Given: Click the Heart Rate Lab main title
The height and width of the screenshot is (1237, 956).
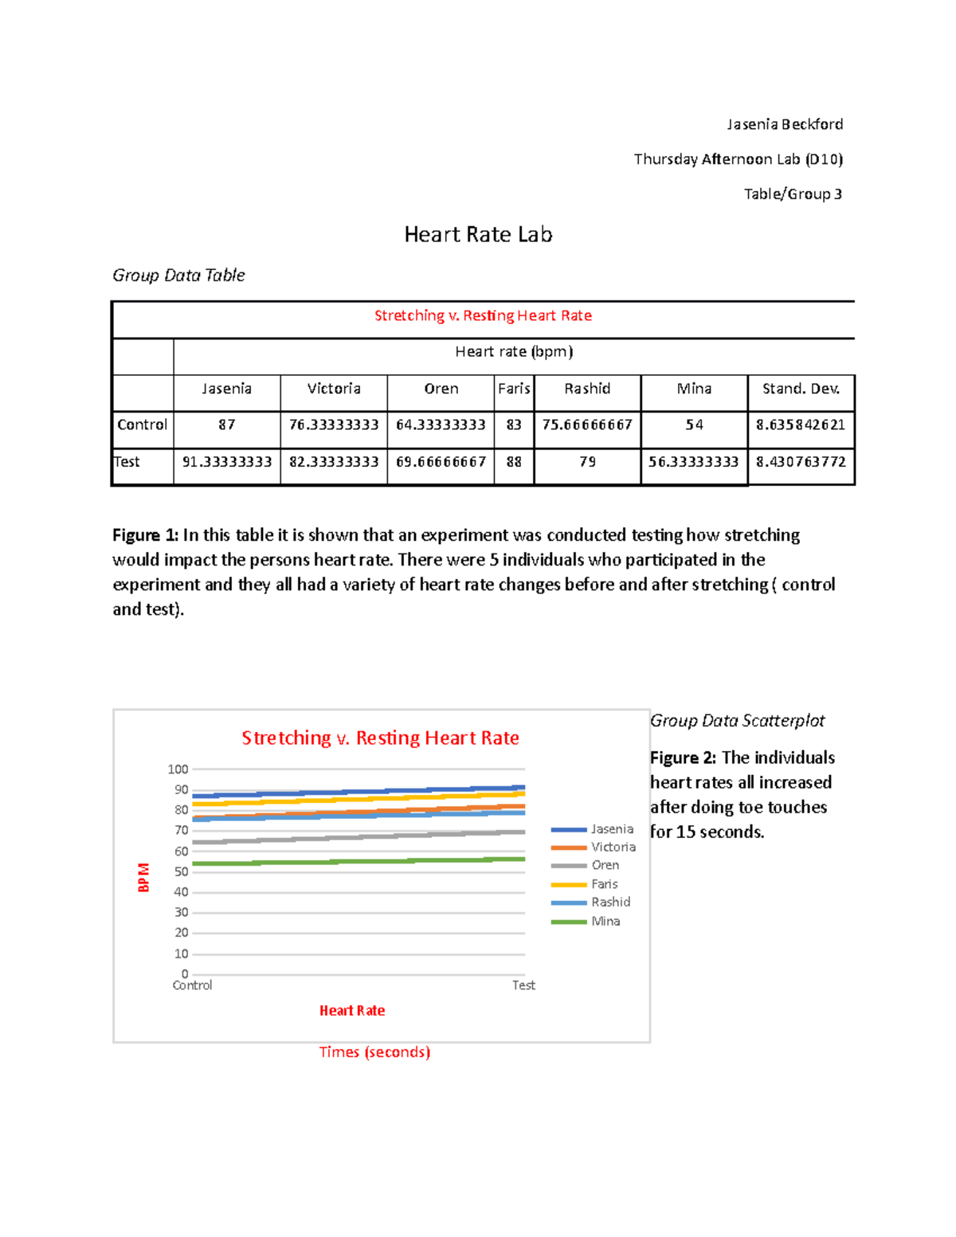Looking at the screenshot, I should point(478,234).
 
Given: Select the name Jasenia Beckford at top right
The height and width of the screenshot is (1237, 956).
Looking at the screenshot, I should point(784,124).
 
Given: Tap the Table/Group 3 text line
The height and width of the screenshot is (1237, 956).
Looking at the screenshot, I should point(793,194).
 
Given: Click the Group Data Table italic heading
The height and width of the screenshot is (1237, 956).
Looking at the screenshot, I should point(178,275).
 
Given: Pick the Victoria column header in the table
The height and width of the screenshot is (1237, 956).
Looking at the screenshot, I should point(334,389).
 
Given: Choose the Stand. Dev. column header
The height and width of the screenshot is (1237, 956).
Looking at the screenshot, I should point(801,389).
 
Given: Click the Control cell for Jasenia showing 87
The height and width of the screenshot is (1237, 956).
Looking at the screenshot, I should point(227,425).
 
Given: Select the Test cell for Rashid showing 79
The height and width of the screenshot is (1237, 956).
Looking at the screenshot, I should point(587,462).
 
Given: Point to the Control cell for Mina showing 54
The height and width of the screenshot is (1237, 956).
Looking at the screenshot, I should point(694,425).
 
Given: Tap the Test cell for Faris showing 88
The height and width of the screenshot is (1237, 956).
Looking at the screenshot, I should point(514,462).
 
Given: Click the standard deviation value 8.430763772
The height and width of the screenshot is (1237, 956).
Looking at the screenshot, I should point(801,462).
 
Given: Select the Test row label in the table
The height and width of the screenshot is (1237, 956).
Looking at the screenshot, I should point(127,462).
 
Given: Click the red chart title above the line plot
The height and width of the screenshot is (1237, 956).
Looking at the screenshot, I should point(380,738).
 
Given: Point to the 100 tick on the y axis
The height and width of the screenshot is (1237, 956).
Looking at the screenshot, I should point(178,769).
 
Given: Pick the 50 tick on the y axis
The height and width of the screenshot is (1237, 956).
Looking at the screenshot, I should point(181,871).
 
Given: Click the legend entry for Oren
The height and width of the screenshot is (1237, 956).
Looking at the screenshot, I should point(605,865).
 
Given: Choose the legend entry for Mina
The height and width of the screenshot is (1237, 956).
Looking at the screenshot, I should point(605,921).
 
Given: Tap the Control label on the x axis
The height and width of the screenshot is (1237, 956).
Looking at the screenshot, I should point(192,985).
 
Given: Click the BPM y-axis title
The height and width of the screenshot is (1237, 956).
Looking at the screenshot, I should point(143,877).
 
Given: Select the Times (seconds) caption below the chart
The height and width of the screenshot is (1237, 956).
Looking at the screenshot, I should point(374,1052).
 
